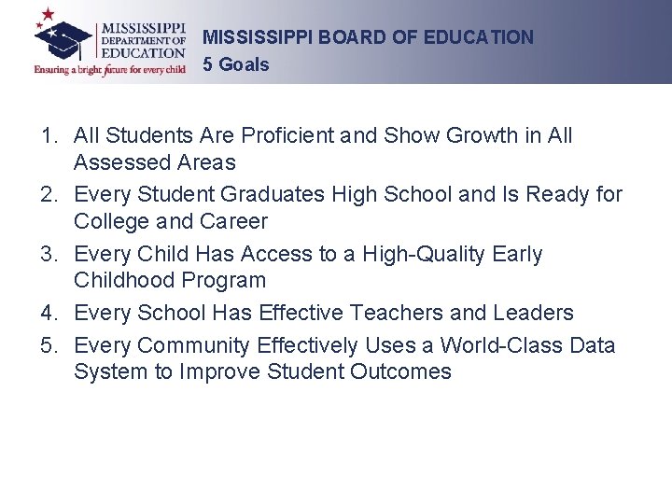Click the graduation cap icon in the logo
(x=63, y=38)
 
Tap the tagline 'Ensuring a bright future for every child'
(x=111, y=69)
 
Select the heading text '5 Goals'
(x=235, y=64)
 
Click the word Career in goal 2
(x=233, y=221)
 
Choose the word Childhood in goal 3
(x=118, y=280)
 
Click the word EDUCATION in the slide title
(x=478, y=37)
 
